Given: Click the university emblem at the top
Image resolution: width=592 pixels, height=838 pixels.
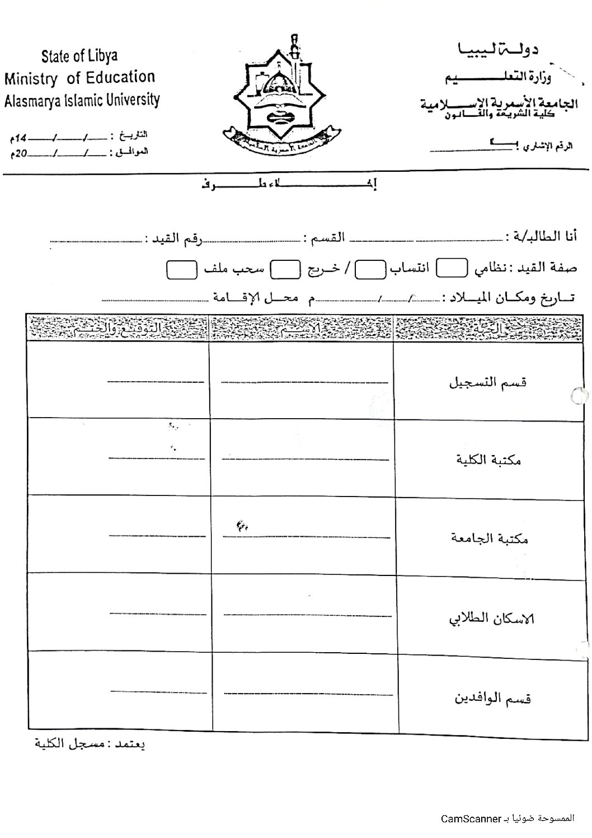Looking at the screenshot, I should tap(283, 98).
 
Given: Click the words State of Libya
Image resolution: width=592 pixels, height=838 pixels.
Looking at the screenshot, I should tap(79, 56).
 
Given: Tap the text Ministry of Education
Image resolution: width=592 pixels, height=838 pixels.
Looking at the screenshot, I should tap(79, 78).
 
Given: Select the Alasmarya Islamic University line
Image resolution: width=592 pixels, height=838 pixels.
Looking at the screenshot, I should tap(82, 101).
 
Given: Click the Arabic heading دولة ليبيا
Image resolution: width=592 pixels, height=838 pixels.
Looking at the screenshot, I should tap(498, 51).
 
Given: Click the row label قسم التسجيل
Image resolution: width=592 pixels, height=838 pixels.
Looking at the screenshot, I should tap(488, 383).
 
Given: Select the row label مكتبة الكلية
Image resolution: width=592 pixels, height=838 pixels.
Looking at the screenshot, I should tap(488, 460).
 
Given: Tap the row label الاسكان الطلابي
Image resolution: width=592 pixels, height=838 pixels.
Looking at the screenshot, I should tap(492, 618).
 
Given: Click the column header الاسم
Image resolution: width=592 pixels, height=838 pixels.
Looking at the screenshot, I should tap(302, 329).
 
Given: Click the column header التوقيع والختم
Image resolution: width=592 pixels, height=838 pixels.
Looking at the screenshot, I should tap(117, 329).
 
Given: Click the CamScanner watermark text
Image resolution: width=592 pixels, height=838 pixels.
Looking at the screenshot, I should tap(507, 819).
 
